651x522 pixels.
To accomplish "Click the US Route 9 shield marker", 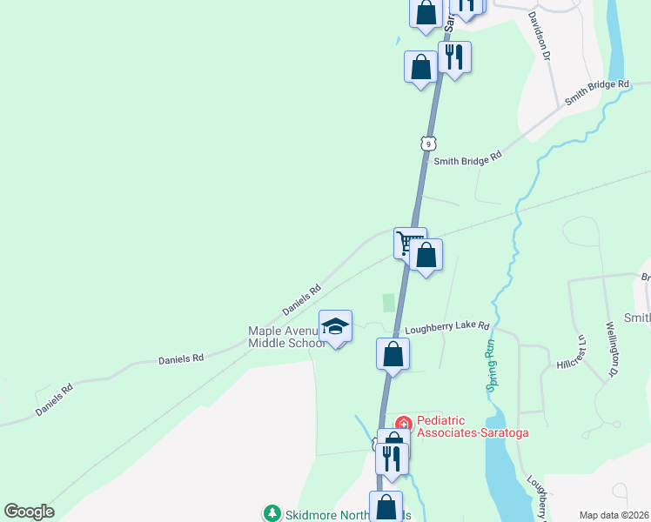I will [x=426, y=142].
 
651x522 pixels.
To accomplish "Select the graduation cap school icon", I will [x=335, y=326].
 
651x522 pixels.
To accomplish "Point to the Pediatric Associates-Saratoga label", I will [x=472, y=425].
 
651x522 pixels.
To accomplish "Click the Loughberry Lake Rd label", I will [x=447, y=326].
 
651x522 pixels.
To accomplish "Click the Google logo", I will [x=30, y=511].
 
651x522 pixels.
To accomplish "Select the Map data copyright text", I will [x=614, y=515].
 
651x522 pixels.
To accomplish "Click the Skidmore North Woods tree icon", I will [x=272, y=514].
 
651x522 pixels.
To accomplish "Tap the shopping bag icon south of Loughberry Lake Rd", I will [x=393, y=354].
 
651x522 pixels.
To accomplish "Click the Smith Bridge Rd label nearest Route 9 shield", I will [x=468, y=159].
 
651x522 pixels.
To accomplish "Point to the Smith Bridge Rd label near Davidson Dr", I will [x=596, y=91].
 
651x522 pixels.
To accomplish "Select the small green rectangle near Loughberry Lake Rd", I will [x=388, y=303].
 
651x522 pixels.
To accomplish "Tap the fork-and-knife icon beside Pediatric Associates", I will [x=393, y=458].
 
